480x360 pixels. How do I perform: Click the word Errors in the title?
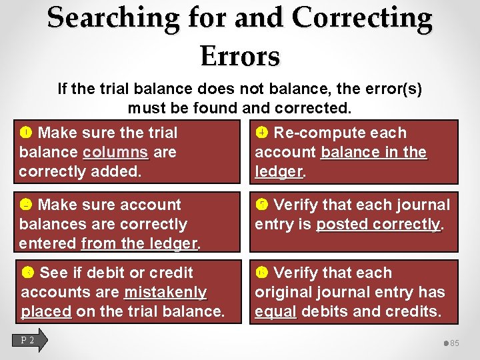pos(239,56)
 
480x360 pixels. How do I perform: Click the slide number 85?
pos(455,343)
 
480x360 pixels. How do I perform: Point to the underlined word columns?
pos(116,152)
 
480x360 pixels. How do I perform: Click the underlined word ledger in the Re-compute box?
pos(279,171)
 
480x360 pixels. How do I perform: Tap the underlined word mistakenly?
pos(165,292)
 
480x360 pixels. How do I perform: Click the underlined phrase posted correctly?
pos(378,224)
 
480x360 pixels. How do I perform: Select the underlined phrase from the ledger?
pos(139,243)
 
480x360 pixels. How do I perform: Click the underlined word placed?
pos(46,311)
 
